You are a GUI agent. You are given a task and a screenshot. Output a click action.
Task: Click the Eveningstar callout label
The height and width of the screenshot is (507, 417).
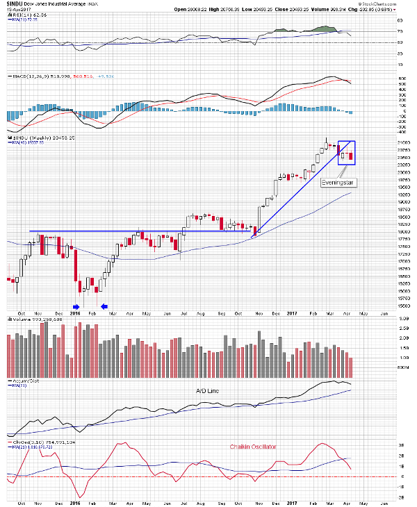click(x=338, y=183)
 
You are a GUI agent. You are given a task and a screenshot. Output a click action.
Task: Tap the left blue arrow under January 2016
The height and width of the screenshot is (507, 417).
click(x=76, y=306)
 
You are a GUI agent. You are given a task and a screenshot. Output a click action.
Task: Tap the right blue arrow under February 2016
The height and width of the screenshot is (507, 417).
click(x=104, y=306)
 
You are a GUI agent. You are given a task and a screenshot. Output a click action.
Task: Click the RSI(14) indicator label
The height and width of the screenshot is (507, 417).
click(x=19, y=14)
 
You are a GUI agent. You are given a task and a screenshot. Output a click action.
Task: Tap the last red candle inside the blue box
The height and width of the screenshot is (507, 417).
click(x=350, y=156)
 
